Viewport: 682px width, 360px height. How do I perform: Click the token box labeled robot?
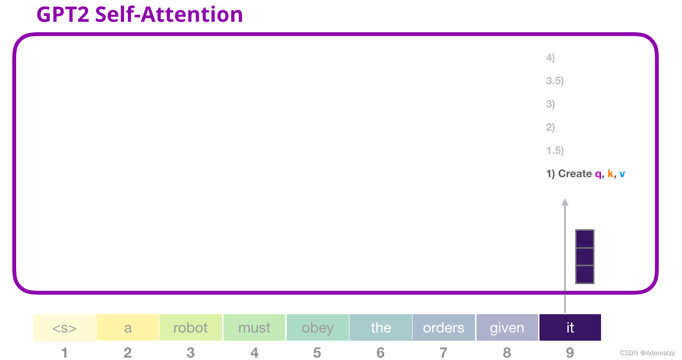(x=190, y=327)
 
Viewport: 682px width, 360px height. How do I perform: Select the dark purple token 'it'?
(x=570, y=327)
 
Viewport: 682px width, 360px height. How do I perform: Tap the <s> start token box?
(x=64, y=327)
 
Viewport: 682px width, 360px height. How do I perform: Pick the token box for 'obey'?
(x=317, y=327)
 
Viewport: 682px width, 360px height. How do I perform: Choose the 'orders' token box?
(x=444, y=327)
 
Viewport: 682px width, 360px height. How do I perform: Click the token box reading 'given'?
(x=507, y=327)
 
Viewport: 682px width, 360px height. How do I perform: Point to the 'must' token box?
(x=254, y=327)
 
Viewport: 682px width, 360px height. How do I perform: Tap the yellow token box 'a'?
(x=128, y=327)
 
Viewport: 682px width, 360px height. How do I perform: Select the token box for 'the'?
(x=381, y=327)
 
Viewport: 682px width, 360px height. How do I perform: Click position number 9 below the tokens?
(x=570, y=353)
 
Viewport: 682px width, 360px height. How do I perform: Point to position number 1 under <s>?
(x=64, y=353)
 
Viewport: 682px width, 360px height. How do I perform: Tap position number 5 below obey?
(x=317, y=353)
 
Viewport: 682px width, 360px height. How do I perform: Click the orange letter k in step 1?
(x=610, y=173)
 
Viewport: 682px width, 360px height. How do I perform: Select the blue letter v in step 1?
(x=622, y=174)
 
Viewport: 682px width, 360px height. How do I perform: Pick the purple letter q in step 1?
(x=598, y=174)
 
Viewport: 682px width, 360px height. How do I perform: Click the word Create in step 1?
(x=575, y=173)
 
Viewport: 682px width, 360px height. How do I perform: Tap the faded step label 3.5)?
(x=555, y=81)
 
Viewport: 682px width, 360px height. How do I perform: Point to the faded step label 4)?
(x=550, y=58)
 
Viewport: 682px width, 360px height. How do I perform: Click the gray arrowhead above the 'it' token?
(x=565, y=202)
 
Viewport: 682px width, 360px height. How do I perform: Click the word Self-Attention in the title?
(x=169, y=14)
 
